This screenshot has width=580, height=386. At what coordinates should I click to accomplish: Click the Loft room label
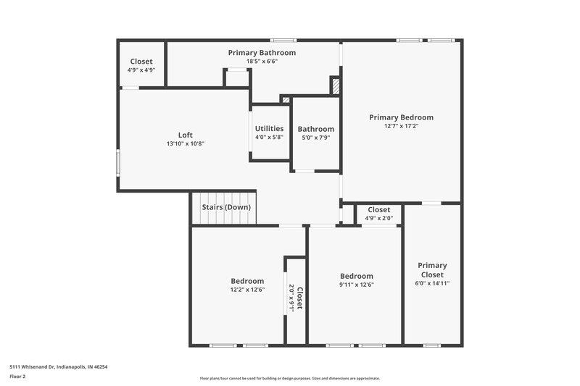point(186,134)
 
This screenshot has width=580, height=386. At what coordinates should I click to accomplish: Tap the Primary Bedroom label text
point(401,117)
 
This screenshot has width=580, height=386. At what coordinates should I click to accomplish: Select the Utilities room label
point(269,128)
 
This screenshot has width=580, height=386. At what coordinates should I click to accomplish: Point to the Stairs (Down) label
point(226,207)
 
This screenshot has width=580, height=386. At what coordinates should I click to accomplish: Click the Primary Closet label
point(432,270)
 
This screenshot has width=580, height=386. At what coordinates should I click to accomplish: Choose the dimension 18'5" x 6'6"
point(262,62)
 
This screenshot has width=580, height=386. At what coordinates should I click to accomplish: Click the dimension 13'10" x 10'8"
point(186,143)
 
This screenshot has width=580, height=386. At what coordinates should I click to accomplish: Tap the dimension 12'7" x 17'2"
point(401,126)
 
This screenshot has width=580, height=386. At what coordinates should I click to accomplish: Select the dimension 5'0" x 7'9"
point(315,138)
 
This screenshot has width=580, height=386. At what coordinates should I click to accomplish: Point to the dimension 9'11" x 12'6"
point(356,285)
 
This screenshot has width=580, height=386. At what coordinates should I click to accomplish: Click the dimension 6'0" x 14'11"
point(432,283)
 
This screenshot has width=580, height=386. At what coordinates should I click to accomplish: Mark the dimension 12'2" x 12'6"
point(247,290)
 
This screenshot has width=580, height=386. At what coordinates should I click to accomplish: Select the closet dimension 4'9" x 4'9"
point(141,70)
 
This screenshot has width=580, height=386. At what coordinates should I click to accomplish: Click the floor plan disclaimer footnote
point(289,378)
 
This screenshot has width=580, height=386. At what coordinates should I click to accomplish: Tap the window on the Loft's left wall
point(118,161)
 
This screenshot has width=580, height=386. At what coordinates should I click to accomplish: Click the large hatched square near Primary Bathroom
point(335,86)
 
